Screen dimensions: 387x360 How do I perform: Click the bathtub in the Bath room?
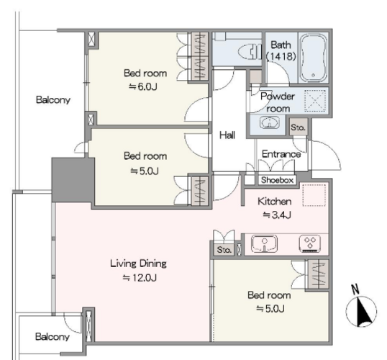pos(313,58)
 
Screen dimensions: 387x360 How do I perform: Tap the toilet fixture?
pos(250,52)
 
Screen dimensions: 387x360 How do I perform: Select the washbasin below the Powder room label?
pos(269,122)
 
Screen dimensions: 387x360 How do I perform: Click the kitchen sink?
pos(264,243)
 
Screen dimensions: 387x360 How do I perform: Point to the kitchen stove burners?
pos(310,244)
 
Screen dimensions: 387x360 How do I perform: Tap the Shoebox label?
pos(277,180)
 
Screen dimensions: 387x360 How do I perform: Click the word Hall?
pos(227,135)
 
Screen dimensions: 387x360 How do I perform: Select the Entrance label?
pos(281,154)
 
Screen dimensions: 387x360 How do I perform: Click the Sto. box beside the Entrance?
pos(298,127)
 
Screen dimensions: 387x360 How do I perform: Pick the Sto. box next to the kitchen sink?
pos(224,250)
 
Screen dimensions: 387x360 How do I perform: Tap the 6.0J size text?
pos(143,87)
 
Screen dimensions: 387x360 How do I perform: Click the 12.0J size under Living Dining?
pos(140,278)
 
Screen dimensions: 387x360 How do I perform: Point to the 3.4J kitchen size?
pos(277,215)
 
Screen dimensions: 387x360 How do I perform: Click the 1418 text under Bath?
pos(281,57)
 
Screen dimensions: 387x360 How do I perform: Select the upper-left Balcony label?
pos(53,100)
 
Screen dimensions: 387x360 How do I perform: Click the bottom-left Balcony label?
pos(52,337)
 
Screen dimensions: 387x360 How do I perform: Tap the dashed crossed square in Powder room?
pos(315,101)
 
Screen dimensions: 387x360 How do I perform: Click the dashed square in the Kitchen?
pos(314,195)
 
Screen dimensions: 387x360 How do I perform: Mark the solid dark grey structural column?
pos(73,180)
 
